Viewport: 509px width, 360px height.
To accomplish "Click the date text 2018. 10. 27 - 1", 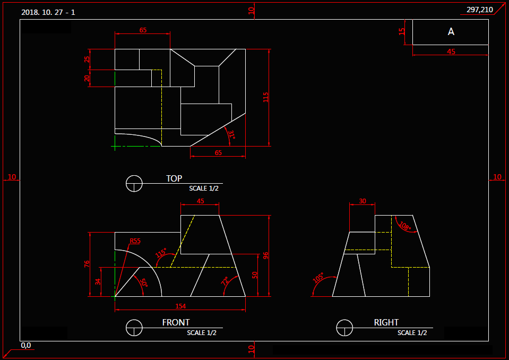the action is point(48,12).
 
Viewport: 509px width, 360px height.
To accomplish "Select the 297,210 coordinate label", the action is point(479,10).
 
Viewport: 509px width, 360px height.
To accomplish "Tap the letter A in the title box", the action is point(451,31).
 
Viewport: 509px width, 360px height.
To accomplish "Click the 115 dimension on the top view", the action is point(265,97).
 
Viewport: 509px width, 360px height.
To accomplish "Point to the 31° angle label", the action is point(231,134).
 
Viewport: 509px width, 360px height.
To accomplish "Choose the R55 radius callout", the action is point(135,241).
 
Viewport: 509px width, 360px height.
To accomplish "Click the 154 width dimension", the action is point(180,306).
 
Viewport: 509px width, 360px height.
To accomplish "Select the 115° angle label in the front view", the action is point(161,253).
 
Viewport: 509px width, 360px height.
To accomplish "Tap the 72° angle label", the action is point(225,281).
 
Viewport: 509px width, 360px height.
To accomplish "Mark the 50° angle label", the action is point(144,282).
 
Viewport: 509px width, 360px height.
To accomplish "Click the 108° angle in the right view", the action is point(405,226).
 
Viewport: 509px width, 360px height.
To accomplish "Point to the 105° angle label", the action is point(318,278).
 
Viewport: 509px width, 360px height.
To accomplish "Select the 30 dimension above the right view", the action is point(363,201).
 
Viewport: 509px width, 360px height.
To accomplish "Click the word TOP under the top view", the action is point(174,178).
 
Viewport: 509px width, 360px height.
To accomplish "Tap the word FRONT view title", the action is point(176,322).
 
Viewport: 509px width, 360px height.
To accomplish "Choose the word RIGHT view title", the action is point(386,322).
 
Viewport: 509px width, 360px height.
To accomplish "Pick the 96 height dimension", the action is point(265,256).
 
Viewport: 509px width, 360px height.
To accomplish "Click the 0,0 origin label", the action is point(26,345).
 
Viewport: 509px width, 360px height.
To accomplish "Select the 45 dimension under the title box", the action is point(451,52).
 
